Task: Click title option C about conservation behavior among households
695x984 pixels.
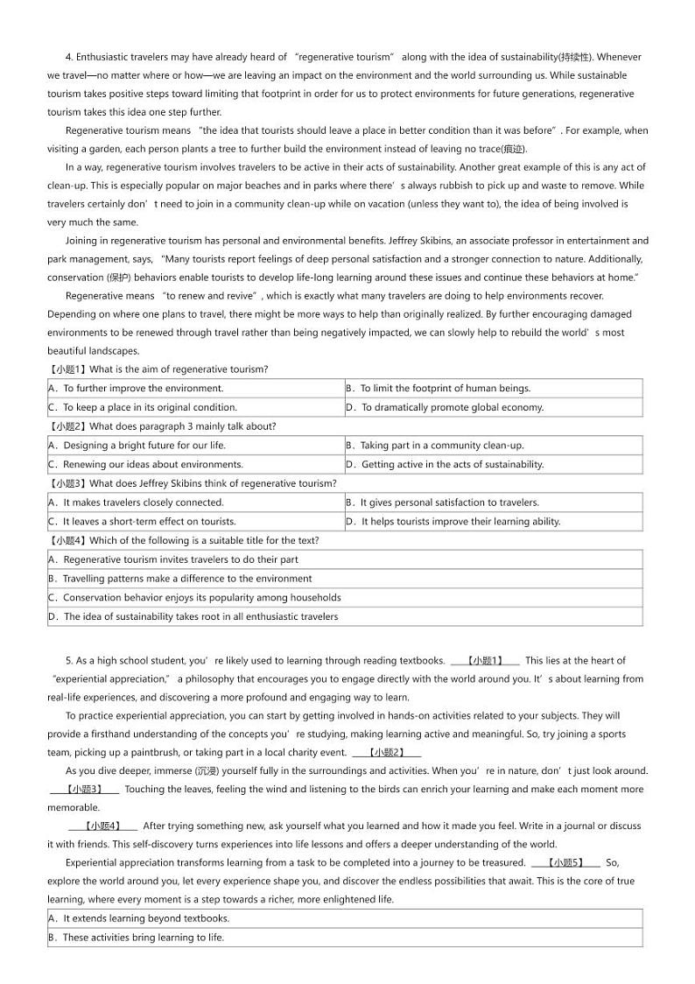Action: [x=201, y=598]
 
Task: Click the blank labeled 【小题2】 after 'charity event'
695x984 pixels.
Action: [x=386, y=753]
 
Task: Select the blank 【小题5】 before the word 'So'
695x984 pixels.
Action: [x=565, y=863]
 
